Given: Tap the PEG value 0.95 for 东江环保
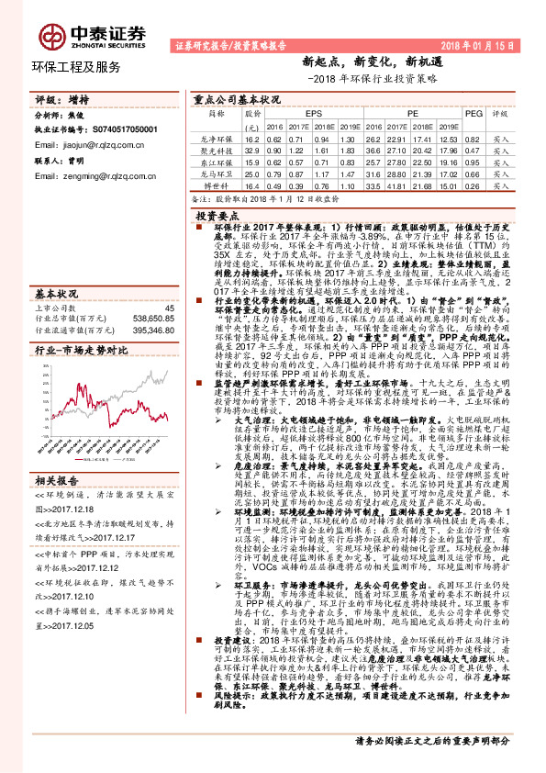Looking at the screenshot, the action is coord(473,162).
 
